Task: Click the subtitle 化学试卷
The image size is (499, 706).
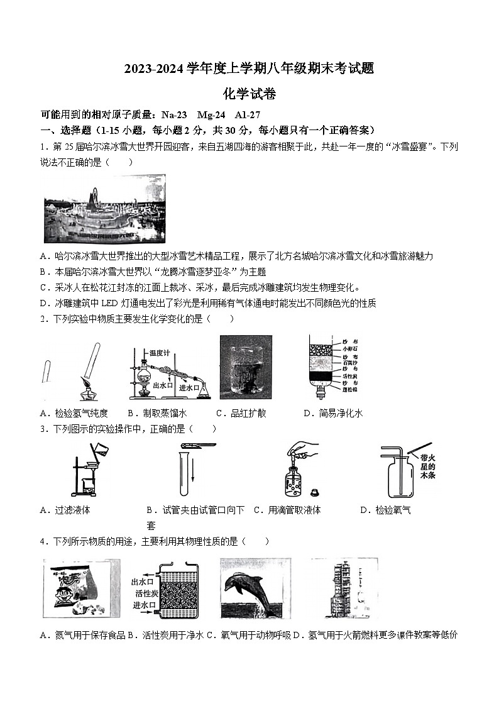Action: (x=249, y=94)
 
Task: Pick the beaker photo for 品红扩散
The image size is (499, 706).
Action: (x=246, y=367)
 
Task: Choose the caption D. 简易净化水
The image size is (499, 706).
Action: (x=332, y=413)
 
